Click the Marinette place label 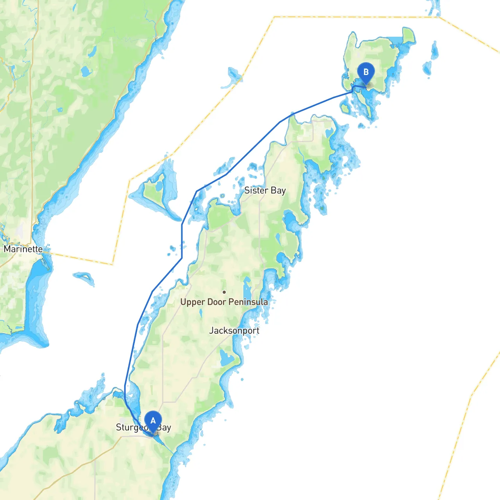tap(23, 249)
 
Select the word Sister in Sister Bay tap(256, 190)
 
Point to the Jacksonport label tap(234, 330)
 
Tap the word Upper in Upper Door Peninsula tap(193, 302)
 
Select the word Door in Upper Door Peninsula tap(217, 302)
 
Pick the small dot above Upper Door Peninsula tap(224, 292)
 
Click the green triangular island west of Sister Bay tap(154, 191)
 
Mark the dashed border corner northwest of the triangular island tap(130, 180)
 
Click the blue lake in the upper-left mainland tap(85, 71)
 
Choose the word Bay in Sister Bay tap(278, 191)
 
